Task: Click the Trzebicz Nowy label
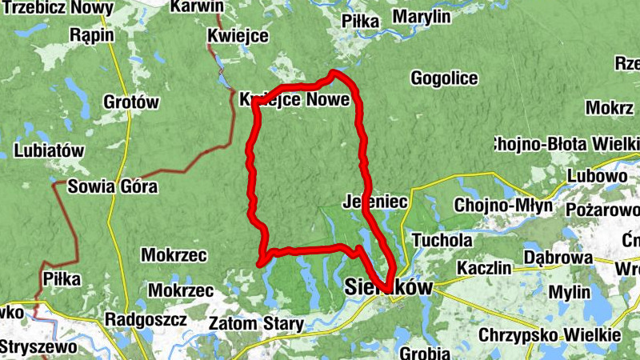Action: coord(57,7)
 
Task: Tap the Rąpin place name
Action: coord(92,35)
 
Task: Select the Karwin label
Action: coord(197,6)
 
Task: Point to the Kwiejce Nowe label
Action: coord(294,100)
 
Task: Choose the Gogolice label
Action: coord(444,78)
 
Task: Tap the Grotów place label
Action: coord(132,102)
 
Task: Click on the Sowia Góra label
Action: coord(112,188)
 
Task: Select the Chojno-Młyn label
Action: coord(502,205)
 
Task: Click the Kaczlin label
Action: coord(483,268)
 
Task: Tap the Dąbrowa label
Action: coord(558,258)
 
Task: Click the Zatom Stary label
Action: coord(255,324)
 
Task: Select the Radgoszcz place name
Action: coord(146,319)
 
